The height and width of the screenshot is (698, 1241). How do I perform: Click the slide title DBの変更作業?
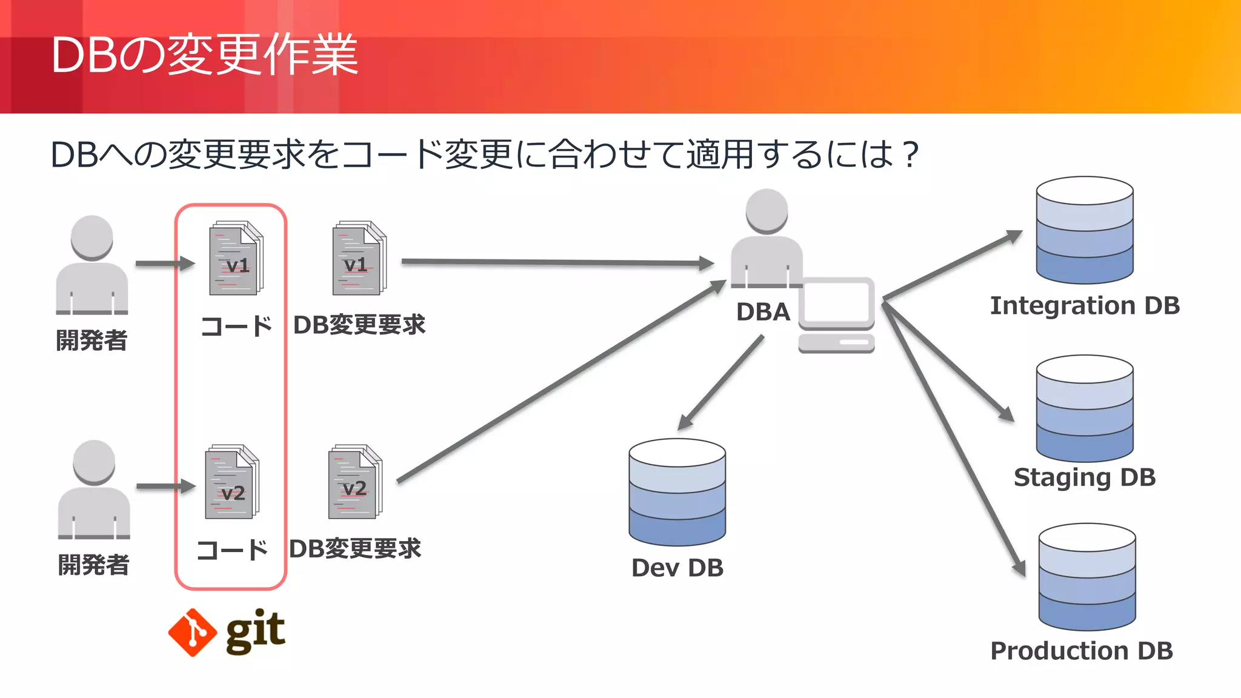(205, 56)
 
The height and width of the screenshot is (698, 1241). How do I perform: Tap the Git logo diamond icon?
(192, 633)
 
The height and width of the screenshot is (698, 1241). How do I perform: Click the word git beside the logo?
(255, 632)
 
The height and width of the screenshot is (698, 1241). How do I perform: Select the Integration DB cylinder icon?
(1084, 230)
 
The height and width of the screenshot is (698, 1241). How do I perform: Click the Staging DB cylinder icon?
(1084, 408)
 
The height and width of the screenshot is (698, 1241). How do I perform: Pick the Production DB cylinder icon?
(1086, 577)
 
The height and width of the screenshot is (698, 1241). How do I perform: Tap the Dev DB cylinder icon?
(677, 492)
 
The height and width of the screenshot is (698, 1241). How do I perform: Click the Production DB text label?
(1082, 651)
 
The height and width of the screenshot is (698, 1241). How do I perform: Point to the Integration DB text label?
(1085, 306)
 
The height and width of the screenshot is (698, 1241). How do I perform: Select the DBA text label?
(763, 312)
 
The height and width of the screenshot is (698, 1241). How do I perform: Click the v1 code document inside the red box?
(236, 259)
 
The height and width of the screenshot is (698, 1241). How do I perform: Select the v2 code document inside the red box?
(231, 482)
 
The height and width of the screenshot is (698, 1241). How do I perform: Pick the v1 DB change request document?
(359, 259)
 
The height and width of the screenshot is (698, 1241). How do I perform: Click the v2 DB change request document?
(355, 482)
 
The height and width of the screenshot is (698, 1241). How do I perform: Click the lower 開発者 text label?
(94, 565)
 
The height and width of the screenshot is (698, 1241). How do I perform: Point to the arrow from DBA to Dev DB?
(720, 383)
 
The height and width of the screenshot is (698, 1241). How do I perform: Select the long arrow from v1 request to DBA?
(557, 262)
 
